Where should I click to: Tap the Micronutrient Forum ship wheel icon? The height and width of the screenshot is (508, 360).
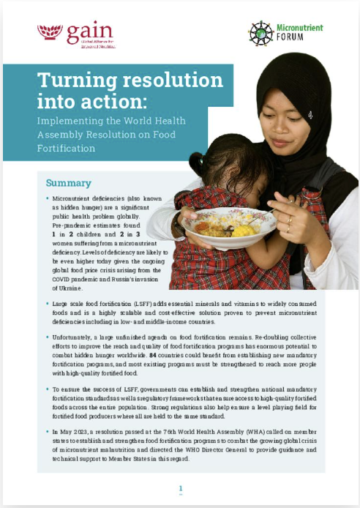coord(261,34)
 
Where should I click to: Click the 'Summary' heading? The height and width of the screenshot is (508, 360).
coord(69,183)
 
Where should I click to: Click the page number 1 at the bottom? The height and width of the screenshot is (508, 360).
coord(180,488)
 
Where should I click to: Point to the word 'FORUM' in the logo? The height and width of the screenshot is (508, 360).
coord(293,40)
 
